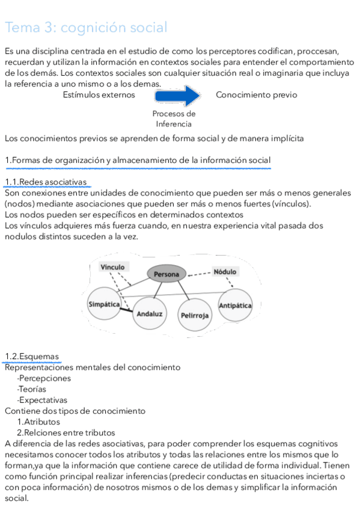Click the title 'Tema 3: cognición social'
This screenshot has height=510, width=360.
pos(85,28)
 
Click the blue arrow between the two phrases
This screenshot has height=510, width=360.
pos(177,96)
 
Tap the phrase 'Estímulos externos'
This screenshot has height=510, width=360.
pos(99,95)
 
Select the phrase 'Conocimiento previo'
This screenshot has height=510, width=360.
pos(256,95)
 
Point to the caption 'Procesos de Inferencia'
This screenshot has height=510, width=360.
pos(174,118)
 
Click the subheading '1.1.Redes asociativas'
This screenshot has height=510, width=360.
pos(46,182)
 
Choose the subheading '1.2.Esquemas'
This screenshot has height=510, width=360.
pos(32,357)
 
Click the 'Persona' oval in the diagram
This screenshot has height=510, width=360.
pos(166,274)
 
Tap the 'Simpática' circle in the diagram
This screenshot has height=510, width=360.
pos(104,305)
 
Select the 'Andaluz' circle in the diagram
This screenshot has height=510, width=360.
pos(150,314)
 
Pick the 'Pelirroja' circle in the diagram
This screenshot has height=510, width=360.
pos(195,315)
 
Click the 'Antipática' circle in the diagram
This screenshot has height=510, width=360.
pos(235,306)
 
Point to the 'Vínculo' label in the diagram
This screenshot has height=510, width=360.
pos(112,267)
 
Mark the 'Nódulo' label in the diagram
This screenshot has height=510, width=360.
pos(225,272)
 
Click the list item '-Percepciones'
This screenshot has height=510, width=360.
pos(44,378)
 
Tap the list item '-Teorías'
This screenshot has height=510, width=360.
pos(31,389)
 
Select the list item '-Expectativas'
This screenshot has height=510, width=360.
pos(42,400)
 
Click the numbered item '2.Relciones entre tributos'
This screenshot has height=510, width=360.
pos(66,432)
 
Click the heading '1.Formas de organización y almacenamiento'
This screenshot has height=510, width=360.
pos(138,160)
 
